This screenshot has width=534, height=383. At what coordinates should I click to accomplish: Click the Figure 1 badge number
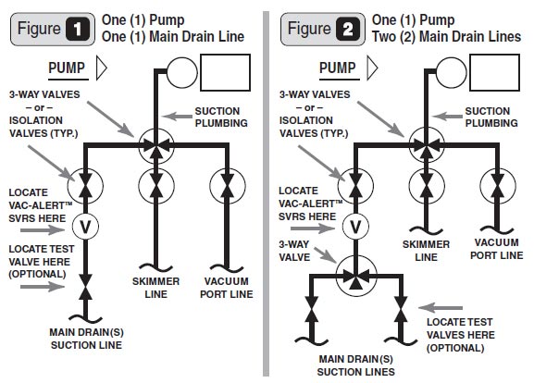[x=78, y=29]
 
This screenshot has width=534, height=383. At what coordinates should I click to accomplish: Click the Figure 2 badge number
[x=348, y=29]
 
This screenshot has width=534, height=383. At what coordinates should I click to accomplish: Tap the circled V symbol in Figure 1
[x=85, y=227]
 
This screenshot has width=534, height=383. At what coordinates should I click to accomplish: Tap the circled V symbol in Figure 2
[x=355, y=227]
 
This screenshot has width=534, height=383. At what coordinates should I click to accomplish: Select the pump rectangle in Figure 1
[x=226, y=72]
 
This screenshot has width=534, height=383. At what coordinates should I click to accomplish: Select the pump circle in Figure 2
[x=452, y=72]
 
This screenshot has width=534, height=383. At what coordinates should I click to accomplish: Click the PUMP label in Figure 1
[x=67, y=68]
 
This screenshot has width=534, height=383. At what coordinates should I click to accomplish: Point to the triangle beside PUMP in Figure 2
[x=372, y=68]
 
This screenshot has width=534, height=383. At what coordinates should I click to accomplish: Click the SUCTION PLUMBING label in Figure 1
[x=221, y=117]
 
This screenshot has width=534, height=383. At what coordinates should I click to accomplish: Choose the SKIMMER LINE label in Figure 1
[x=156, y=288]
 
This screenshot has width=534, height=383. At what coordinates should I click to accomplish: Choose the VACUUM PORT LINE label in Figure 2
[x=497, y=249]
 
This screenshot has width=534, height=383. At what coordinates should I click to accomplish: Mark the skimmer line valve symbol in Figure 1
[x=156, y=186]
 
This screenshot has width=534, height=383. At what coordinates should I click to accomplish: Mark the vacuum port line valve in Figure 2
[x=498, y=186]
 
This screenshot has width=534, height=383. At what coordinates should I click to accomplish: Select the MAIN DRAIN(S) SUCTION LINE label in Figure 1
[x=86, y=339]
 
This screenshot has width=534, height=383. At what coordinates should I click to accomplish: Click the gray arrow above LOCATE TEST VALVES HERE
[x=441, y=308]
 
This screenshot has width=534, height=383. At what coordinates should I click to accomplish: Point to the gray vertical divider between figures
[x=266, y=193]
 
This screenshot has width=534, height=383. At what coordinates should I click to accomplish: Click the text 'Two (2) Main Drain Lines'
[x=446, y=36]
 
